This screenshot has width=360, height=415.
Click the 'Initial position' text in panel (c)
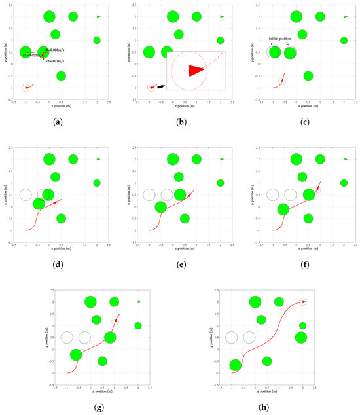280,39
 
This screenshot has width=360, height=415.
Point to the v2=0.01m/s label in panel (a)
56,60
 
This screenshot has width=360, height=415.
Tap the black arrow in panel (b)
160,85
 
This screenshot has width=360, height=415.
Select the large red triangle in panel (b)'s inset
194,70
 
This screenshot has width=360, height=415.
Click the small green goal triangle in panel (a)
98,16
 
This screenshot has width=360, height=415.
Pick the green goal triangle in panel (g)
139,302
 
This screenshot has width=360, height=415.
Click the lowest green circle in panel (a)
61,76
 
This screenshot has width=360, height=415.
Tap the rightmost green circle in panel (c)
344,41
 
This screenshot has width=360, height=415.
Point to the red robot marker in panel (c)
282,81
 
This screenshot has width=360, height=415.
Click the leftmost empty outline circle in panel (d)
26,194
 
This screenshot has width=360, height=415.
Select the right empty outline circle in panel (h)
249,338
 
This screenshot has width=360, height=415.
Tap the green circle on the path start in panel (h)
236,365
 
